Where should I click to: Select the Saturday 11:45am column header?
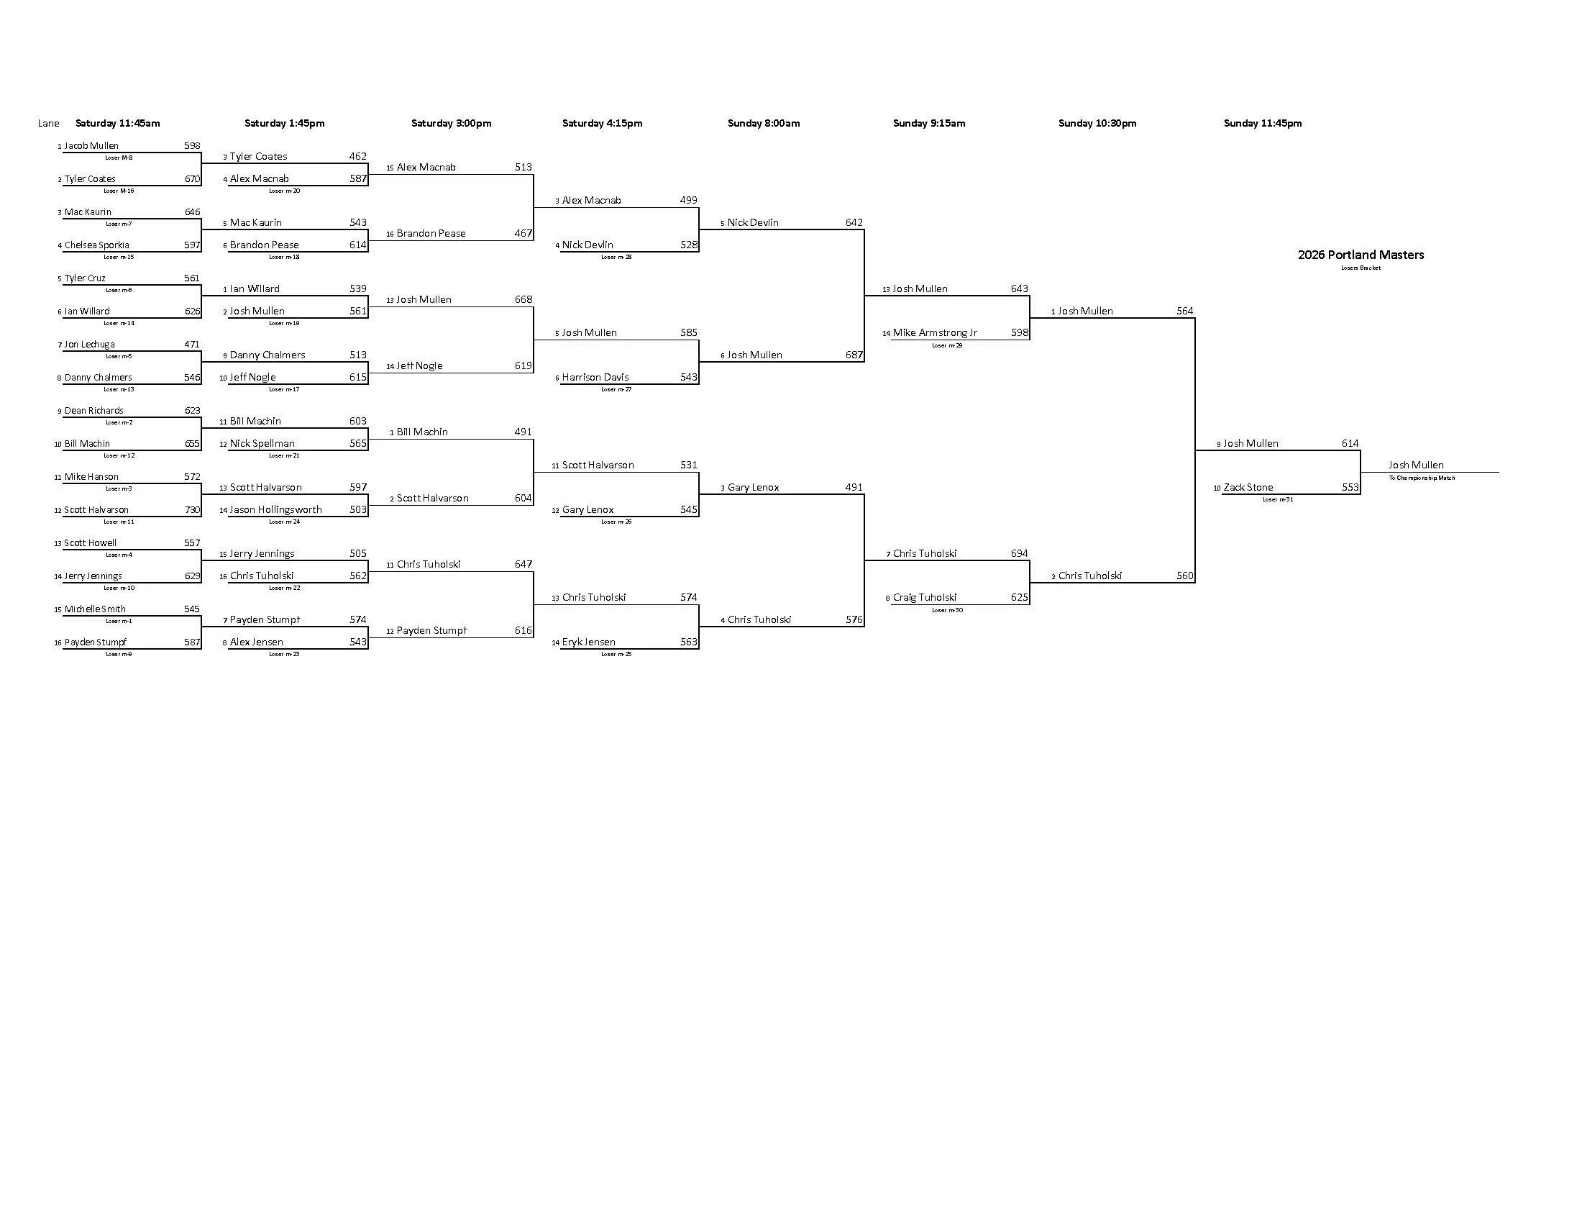(117, 123)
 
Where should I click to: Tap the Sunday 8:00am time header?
(764, 123)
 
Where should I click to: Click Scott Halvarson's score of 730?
(192, 510)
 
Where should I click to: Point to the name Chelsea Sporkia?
(97, 245)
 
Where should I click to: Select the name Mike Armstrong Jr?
(934, 333)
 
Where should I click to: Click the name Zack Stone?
(1248, 488)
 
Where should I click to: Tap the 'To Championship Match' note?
(1421, 478)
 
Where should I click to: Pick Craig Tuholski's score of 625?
(1019, 598)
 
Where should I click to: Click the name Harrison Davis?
(595, 378)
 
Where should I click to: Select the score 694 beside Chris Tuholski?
(1019, 553)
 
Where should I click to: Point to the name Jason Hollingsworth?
(276, 510)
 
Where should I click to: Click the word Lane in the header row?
(48, 123)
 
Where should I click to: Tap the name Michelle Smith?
(95, 609)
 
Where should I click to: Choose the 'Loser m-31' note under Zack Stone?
(1277, 499)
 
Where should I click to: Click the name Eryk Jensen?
(589, 642)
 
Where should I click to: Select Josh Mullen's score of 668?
(523, 300)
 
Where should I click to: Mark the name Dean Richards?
(94, 411)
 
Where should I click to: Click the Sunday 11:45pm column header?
(1263, 123)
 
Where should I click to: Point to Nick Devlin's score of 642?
(854, 223)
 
